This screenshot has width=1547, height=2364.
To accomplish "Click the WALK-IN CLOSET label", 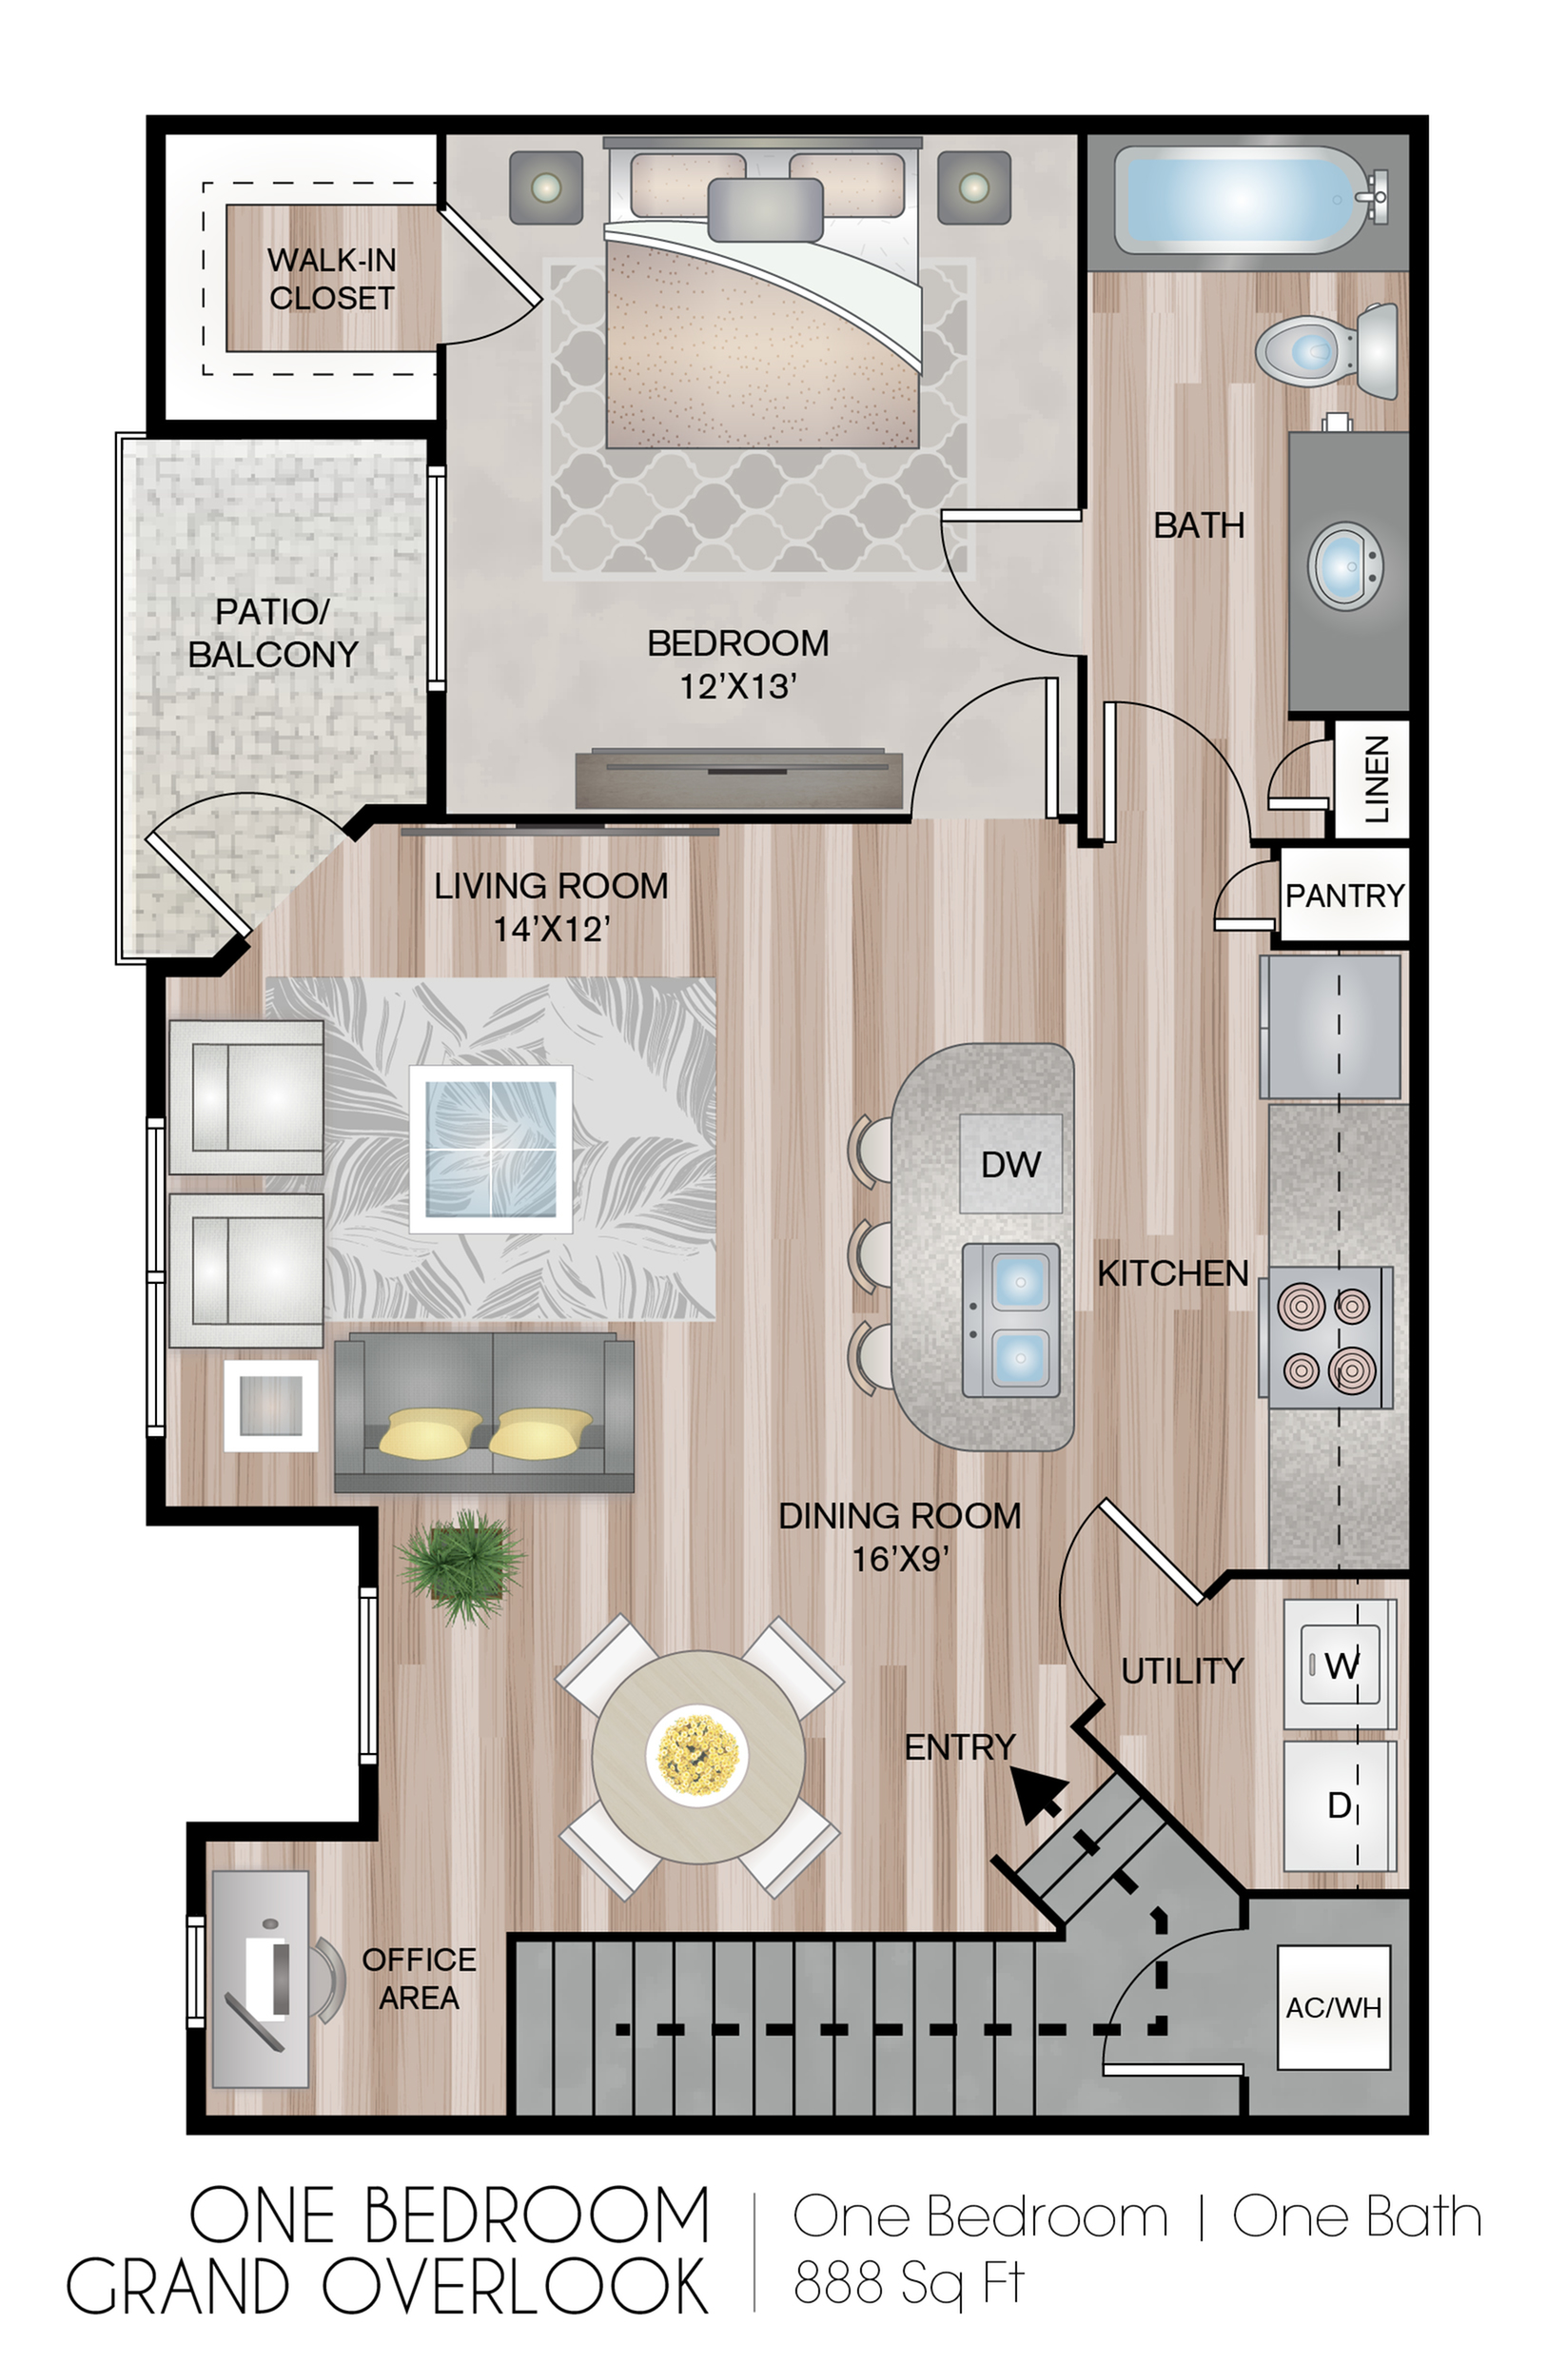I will coord(331,279).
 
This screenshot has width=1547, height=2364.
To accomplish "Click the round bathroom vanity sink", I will coord(1344,565).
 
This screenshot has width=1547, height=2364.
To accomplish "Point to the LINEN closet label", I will coord(1376,778).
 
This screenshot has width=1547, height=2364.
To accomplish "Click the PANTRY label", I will coord(1343,896).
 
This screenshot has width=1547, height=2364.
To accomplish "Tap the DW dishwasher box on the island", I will coord(1009,1164).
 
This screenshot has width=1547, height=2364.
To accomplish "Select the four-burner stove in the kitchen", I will coord(1326,1337).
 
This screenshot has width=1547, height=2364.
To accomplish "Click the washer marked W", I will coord(1340,1665).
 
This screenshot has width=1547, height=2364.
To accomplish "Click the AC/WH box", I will coord(1333,2007).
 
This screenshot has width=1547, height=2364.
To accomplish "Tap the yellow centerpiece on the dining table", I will coord(697,1755).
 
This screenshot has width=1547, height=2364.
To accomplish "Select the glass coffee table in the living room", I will coord(491,1150).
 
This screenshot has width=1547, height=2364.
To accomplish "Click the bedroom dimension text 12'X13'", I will coord(737,686).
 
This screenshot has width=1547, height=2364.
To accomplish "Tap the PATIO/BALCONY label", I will coord(273,633).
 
